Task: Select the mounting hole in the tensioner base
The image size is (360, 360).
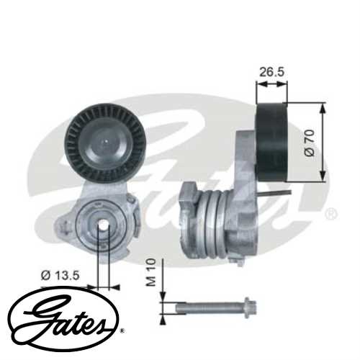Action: pyautogui.click(x=102, y=224)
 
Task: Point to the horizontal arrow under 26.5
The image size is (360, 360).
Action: pyautogui.click(x=271, y=84)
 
